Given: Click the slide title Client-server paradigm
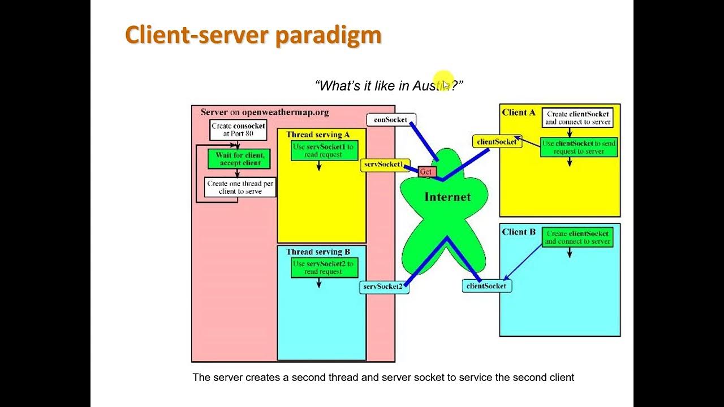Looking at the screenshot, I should [x=253, y=35].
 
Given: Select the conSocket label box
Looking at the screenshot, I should [x=391, y=120].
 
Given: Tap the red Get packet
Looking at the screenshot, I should [x=427, y=171].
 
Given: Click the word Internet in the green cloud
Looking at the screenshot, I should [x=447, y=197].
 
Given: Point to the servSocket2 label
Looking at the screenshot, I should [x=383, y=287].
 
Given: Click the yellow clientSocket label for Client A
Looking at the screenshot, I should [x=497, y=141].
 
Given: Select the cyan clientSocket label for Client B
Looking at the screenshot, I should [x=486, y=286].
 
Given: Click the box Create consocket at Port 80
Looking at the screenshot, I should [x=238, y=130].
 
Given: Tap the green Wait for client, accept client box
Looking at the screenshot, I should [x=239, y=159].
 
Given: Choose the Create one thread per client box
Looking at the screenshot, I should [x=240, y=187].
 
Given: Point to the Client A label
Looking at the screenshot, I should [x=518, y=112].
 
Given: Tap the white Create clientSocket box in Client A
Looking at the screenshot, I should [x=578, y=118].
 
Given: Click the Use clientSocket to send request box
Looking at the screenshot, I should [x=578, y=147].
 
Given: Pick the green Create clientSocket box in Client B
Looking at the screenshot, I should [x=578, y=237].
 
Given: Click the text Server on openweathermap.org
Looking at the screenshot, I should [x=265, y=112].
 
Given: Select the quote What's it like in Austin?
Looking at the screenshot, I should [x=389, y=86].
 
